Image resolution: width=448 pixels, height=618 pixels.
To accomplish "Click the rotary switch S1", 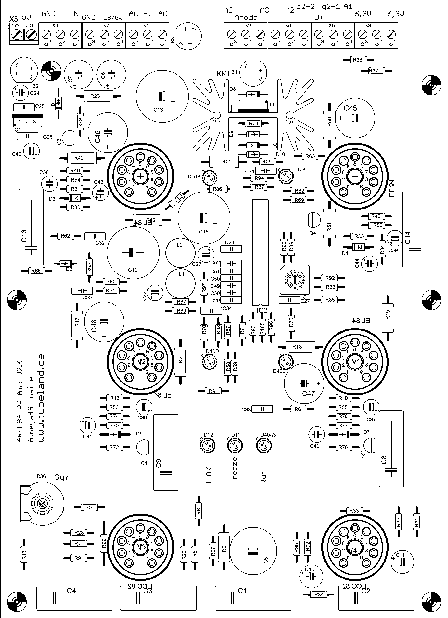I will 295,280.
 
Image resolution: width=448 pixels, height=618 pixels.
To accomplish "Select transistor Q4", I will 314,220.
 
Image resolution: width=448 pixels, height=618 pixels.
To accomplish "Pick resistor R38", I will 358,60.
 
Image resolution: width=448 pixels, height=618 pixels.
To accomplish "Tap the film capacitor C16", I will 31,227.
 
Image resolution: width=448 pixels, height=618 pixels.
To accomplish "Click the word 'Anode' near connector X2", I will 246,18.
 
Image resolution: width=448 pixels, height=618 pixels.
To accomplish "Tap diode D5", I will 66,264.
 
